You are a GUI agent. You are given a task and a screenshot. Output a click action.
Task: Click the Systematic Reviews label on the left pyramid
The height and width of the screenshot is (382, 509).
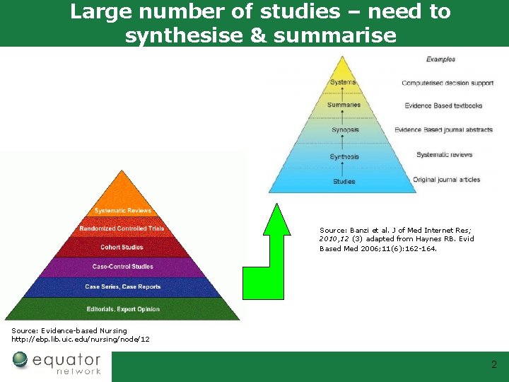point(122,211)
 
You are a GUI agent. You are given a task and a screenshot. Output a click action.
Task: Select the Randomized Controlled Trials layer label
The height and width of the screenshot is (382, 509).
point(122,228)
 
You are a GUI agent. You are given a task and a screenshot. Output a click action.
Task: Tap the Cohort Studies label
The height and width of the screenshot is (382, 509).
point(122,248)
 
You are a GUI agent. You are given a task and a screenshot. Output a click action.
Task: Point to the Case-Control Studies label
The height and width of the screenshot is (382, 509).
point(122,267)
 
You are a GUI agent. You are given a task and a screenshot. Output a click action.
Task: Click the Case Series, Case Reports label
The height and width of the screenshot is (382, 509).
point(122,286)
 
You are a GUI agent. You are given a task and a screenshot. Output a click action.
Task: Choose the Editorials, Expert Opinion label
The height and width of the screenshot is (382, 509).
point(122,309)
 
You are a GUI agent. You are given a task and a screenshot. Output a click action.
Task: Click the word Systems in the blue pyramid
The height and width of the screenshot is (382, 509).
point(343,83)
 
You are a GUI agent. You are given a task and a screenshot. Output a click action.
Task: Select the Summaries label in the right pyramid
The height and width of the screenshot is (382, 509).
point(344,105)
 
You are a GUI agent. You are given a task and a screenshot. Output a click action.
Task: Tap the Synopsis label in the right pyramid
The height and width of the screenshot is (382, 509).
point(344,130)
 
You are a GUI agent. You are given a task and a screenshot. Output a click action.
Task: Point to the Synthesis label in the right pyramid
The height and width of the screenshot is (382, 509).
point(344,156)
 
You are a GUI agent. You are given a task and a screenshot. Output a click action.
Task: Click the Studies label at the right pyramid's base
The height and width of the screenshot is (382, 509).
point(344,182)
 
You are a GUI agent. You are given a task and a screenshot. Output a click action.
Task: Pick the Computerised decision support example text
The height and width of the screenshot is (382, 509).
point(447,83)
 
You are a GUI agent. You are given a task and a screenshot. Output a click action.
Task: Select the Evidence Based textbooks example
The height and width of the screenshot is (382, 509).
point(443,106)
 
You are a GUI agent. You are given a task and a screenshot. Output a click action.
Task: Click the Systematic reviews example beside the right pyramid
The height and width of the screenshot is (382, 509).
point(444,155)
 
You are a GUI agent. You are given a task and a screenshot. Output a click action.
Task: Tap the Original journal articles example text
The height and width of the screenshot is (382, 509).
point(446,180)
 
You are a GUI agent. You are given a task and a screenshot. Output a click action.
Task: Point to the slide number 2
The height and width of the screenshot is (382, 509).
point(494,365)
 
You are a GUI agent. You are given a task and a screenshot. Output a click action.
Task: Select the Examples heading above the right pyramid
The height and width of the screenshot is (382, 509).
point(440,59)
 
